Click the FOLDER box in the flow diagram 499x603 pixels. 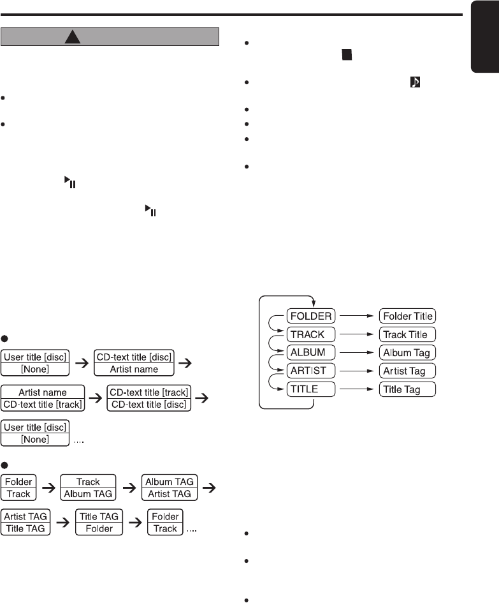tap(310, 316)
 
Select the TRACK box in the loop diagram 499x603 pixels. tap(307, 334)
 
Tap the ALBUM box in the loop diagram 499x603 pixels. tap(308, 352)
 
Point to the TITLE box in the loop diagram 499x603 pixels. tap(305, 389)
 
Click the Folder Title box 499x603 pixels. tap(407, 316)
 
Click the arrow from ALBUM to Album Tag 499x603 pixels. tap(354, 352)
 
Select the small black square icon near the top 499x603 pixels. tap(345, 56)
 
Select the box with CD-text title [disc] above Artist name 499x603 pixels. tap(134, 363)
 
